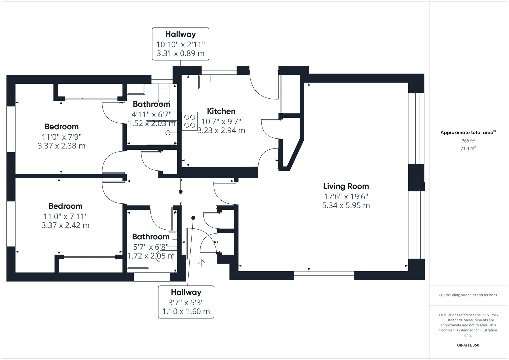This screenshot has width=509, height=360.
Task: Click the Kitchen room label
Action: point(221,111)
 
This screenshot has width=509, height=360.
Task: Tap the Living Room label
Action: point(346,186)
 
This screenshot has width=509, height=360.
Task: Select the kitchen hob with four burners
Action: point(190,121)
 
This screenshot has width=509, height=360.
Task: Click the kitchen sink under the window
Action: point(211,82)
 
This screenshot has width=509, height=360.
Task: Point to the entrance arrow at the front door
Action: point(201,263)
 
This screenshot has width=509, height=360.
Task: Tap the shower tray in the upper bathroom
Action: point(161,133)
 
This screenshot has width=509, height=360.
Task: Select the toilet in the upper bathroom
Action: point(164,94)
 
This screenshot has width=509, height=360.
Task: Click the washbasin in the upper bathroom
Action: point(136,89)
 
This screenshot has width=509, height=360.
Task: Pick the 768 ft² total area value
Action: point(468,141)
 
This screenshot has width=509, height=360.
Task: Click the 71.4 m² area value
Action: point(468,148)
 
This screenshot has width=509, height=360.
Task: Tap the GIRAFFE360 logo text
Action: point(468,345)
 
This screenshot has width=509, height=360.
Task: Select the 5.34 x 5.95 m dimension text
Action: point(346,206)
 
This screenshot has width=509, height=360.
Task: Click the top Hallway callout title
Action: point(180,34)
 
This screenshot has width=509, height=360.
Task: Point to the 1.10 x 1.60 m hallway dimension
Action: point(186,312)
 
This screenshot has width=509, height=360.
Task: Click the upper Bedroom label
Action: point(61,127)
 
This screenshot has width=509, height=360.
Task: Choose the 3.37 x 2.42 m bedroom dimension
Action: point(65,226)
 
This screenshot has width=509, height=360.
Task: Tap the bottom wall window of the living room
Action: point(324,275)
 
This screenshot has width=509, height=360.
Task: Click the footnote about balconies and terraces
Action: point(468,295)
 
